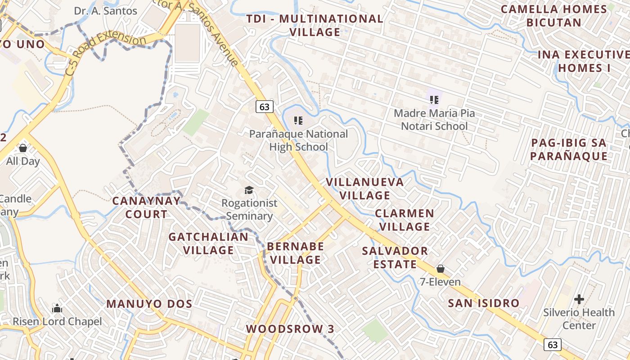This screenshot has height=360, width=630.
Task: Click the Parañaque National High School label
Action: click(x=298, y=140)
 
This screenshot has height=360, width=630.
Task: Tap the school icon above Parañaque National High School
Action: click(x=298, y=121)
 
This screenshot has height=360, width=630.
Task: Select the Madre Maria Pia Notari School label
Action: click(x=434, y=120)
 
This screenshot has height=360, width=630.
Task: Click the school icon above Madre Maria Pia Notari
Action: click(x=434, y=99)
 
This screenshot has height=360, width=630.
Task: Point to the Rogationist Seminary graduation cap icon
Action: click(x=249, y=190)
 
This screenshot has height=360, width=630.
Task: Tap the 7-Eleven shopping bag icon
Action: click(x=441, y=269)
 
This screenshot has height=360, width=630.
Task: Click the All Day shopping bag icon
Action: click(x=23, y=148)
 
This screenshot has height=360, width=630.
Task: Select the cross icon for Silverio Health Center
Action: click(x=579, y=299)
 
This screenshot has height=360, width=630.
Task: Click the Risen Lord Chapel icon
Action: click(x=57, y=309)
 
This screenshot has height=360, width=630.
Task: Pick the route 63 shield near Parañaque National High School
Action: click(x=265, y=107)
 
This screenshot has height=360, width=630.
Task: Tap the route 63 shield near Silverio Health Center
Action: click(x=553, y=345)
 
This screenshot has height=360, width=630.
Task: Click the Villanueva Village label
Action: click(x=365, y=189)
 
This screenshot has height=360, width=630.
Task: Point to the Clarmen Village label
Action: click(x=405, y=220)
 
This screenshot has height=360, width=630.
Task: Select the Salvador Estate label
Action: click(x=395, y=257)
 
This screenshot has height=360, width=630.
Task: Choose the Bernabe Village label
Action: click(x=296, y=253)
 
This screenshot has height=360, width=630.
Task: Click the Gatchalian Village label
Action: click(x=208, y=243)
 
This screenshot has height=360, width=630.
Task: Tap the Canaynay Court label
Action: click(x=146, y=207)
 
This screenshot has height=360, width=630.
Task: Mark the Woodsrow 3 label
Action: click(x=290, y=329)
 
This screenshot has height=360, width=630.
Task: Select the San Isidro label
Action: click(x=484, y=303)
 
